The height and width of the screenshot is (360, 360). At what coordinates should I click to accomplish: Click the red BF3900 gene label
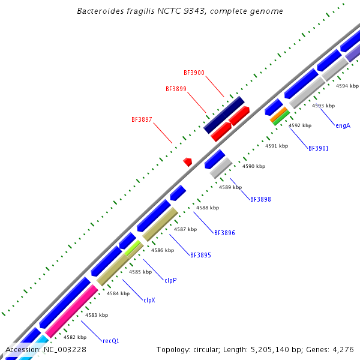point(194,73)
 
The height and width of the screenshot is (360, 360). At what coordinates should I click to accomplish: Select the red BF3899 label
point(176,89)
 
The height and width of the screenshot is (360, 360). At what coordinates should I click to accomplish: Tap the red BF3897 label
point(142,119)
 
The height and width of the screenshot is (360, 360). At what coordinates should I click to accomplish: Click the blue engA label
point(343,126)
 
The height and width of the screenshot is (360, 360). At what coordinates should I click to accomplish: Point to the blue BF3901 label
point(318,148)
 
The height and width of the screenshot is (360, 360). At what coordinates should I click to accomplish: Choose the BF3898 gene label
point(260,199)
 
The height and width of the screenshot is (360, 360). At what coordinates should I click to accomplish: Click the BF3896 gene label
point(224,232)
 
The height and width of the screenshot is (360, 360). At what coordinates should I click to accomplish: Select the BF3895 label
point(200,255)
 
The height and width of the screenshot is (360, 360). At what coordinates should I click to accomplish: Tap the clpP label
point(170,280)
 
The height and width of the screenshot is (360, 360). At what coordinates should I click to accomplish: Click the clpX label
point(149,300)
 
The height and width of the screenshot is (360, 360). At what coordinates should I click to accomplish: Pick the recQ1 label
point(111,341)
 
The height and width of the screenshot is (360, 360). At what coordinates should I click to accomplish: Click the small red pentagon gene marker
point(188,161)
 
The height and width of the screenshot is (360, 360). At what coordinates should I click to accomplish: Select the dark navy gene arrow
point(224,115)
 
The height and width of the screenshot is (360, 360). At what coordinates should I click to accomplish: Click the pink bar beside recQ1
point(71,310)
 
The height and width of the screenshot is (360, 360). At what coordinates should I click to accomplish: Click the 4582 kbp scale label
point(74,337)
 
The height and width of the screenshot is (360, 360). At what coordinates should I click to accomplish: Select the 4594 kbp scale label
point(347,86)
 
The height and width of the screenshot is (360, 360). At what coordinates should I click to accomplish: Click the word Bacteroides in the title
point(100,11)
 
